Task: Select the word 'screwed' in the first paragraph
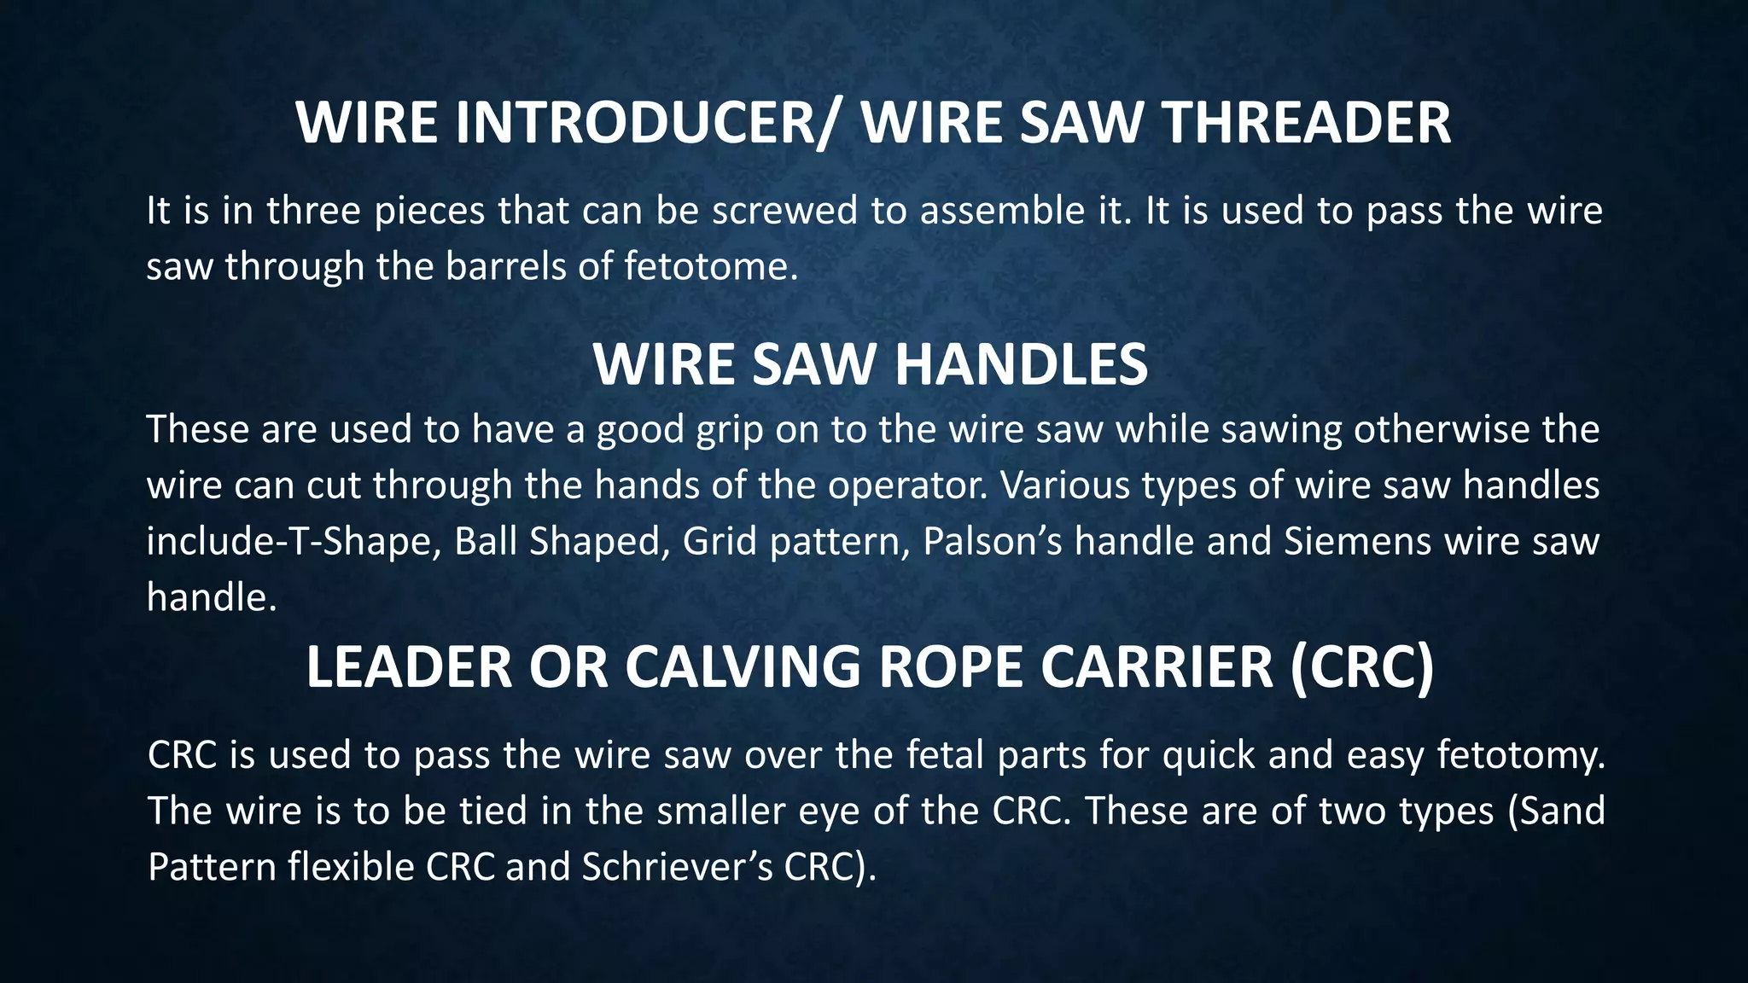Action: pos(784,211)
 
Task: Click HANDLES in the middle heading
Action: pos(1021,365)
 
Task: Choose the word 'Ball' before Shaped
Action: pos(484,542)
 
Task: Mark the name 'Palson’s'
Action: pos(992,542)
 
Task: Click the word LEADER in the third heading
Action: pos(409,667)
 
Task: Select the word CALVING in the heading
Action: pos(743,667)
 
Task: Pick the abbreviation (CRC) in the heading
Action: pos(1362,667)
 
